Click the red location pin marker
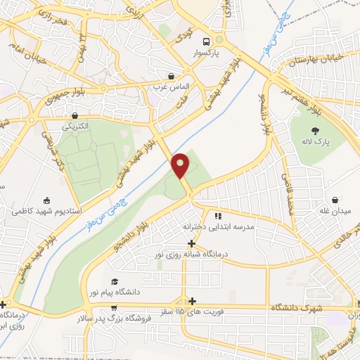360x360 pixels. click(x=181, y=165)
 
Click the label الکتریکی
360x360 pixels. click(x=77, y=127)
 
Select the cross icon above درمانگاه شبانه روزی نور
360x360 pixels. click(x=191, y=243)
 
